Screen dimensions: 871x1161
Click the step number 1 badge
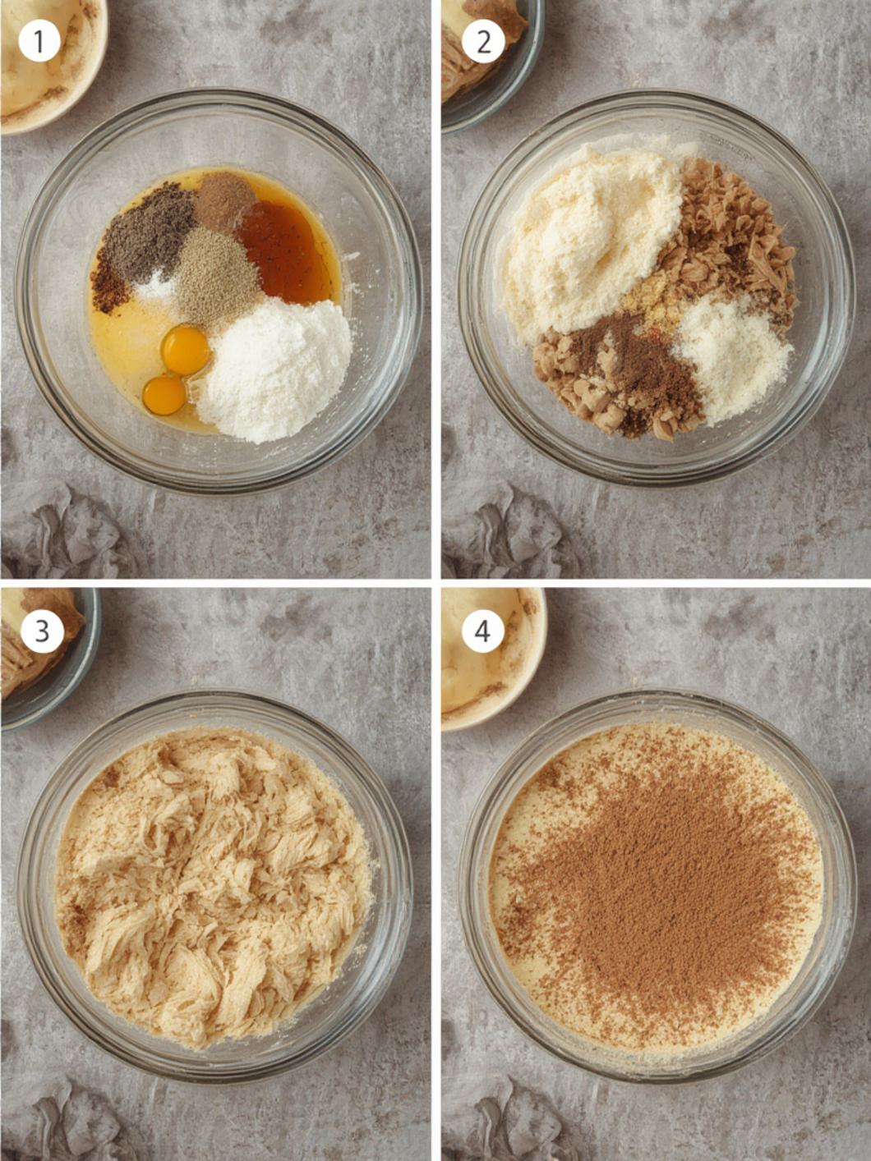(39, 41)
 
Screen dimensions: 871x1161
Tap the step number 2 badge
(483, 41)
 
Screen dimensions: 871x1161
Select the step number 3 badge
(41, 631)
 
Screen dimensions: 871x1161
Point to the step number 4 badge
(482, 631)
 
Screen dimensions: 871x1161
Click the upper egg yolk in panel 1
(186, 350)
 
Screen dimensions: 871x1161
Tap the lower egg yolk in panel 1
(164, 395)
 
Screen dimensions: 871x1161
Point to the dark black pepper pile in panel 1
(145, 232)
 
